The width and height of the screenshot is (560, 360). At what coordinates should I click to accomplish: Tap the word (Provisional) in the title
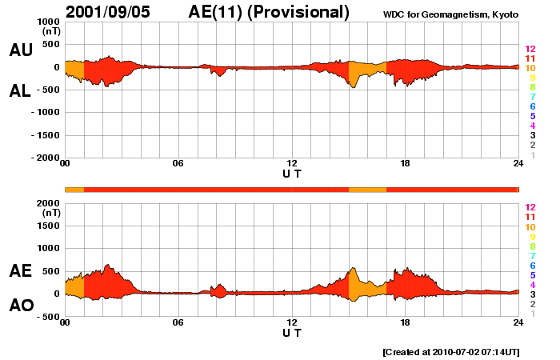click(x=299, y=12)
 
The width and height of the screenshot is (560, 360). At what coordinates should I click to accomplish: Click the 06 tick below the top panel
click(x=178, y=164)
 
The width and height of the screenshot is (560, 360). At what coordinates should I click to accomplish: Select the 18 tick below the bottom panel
click(x=405, y=322)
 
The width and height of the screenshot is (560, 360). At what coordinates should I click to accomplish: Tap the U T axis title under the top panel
click(x=292, y=173)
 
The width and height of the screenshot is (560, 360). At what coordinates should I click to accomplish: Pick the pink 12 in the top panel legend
click(x=530, y=49)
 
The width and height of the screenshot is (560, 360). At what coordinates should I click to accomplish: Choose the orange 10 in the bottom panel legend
click(x=530, y=227)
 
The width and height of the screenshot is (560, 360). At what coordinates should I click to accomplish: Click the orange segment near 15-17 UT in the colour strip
click(x=367, y=189)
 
